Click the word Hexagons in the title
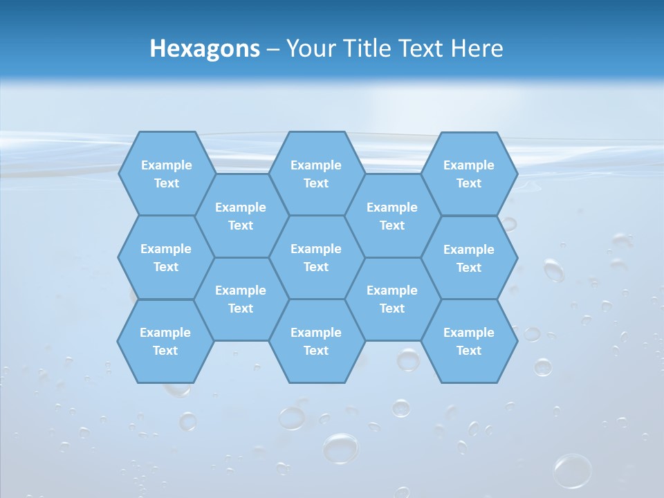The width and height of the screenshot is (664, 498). pos(205,48)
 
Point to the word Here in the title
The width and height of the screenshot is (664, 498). pos(477,48)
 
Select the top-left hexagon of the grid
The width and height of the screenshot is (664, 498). pos(166,174)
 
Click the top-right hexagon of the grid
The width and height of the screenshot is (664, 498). pos(469,174)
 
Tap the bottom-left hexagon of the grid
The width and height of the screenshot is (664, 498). pos(165,341)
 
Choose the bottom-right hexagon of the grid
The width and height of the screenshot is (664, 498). pos(469,341)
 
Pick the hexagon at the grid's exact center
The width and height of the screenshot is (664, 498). pos(316,257)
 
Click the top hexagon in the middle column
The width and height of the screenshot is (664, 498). pos(316,174)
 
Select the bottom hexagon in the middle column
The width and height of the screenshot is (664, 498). pos(316,341)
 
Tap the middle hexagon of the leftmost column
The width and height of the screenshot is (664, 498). pos(166,257)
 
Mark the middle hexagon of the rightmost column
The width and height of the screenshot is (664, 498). pos(469,258)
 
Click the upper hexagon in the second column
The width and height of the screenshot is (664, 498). pos(241,216)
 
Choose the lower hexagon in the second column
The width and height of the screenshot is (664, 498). pos(241,299)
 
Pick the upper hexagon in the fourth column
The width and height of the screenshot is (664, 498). pos(392,216)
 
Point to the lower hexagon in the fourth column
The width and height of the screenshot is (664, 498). pos(392,299)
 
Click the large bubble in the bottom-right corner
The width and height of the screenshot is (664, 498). pos(573,470)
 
